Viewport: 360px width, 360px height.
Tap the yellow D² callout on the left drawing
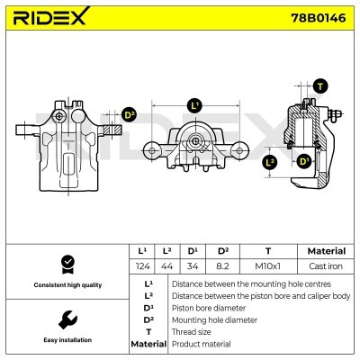click(x=128, y=115)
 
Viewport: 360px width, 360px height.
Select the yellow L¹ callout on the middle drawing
click(x=195, y=106)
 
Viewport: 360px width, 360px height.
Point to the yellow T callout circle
click(x=322, y=85)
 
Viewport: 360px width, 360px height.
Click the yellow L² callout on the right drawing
click(x=271, y=163)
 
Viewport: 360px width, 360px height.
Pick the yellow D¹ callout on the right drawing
click(x=304, y=161)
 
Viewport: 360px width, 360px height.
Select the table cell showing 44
click(x=167, y=265)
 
